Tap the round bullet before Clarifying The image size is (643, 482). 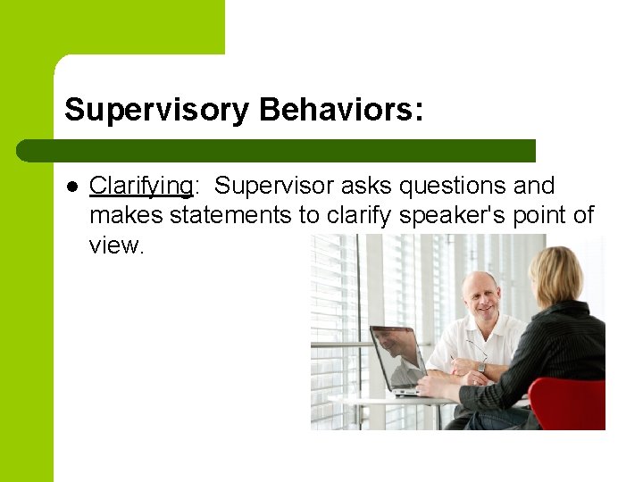tap(71, 187)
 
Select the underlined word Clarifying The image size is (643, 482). tap(141, 186)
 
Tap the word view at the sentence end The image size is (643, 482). tap(115, 245)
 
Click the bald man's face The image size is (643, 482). tap(484, 300)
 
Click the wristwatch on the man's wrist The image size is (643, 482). tap(480, 366)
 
